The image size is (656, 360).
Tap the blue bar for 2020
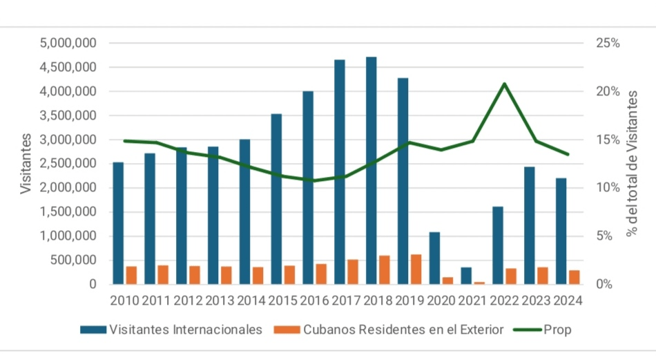[x=434, y=258]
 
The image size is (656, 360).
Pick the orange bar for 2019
[x=416, y=269]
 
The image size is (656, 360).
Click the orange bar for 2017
[x=353, y=272]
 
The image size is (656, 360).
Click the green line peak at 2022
[x=505, y=84]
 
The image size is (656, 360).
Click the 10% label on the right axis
[x=606, y=188]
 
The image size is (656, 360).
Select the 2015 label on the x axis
[x=284, y=301]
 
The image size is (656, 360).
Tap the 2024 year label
[x=568, y=301]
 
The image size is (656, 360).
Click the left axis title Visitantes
[x=26, y=164]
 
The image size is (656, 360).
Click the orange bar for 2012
[x=195, y=275]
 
